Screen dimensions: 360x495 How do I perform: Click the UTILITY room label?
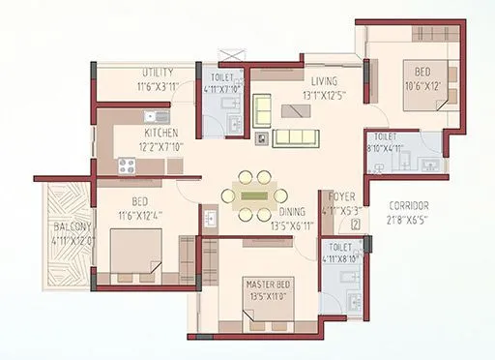click(157, 72)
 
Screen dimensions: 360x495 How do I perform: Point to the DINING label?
click(294, 211)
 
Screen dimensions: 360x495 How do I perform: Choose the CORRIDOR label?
click(410, 206)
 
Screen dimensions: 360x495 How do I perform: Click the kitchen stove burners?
click(130, 165)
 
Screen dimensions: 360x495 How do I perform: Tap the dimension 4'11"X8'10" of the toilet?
click(340, 259)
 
